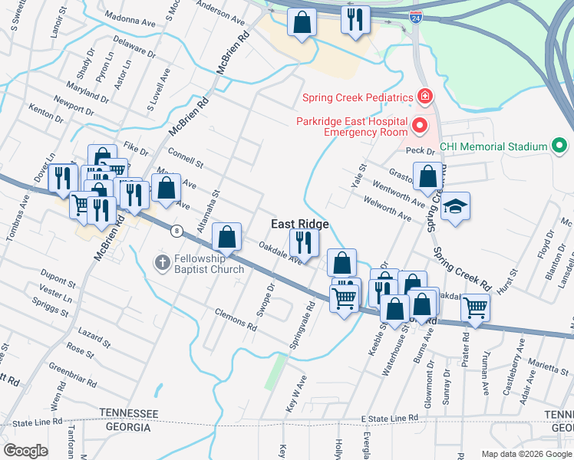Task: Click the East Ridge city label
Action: point(299,224)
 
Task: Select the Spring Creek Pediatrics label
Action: point(357,97)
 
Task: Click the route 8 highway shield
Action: point(177,230)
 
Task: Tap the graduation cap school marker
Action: point(455,207)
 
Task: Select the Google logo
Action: point(26,450)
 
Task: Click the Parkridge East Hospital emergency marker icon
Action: point(419,124)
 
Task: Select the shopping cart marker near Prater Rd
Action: point(475,308)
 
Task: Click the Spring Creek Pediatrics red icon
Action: point(423,97)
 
